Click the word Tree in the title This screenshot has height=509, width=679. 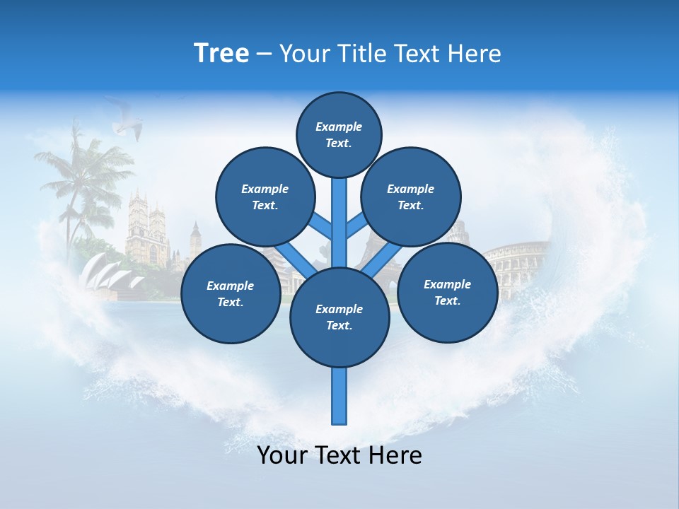pos(221,53)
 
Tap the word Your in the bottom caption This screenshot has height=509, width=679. pos(283,455)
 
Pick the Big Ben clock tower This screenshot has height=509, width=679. pos(195,240)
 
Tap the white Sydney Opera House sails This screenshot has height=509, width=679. pos(106,272)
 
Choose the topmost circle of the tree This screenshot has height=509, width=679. pos(339,134)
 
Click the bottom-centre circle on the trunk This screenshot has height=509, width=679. pos(339,317)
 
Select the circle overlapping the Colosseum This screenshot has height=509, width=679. pos(447,293)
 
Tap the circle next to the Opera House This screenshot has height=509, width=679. pos(231,293)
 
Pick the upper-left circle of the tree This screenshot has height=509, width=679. pos(265,197)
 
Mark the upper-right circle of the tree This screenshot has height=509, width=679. pos(410,197)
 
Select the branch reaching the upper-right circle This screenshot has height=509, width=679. pos(356,227)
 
